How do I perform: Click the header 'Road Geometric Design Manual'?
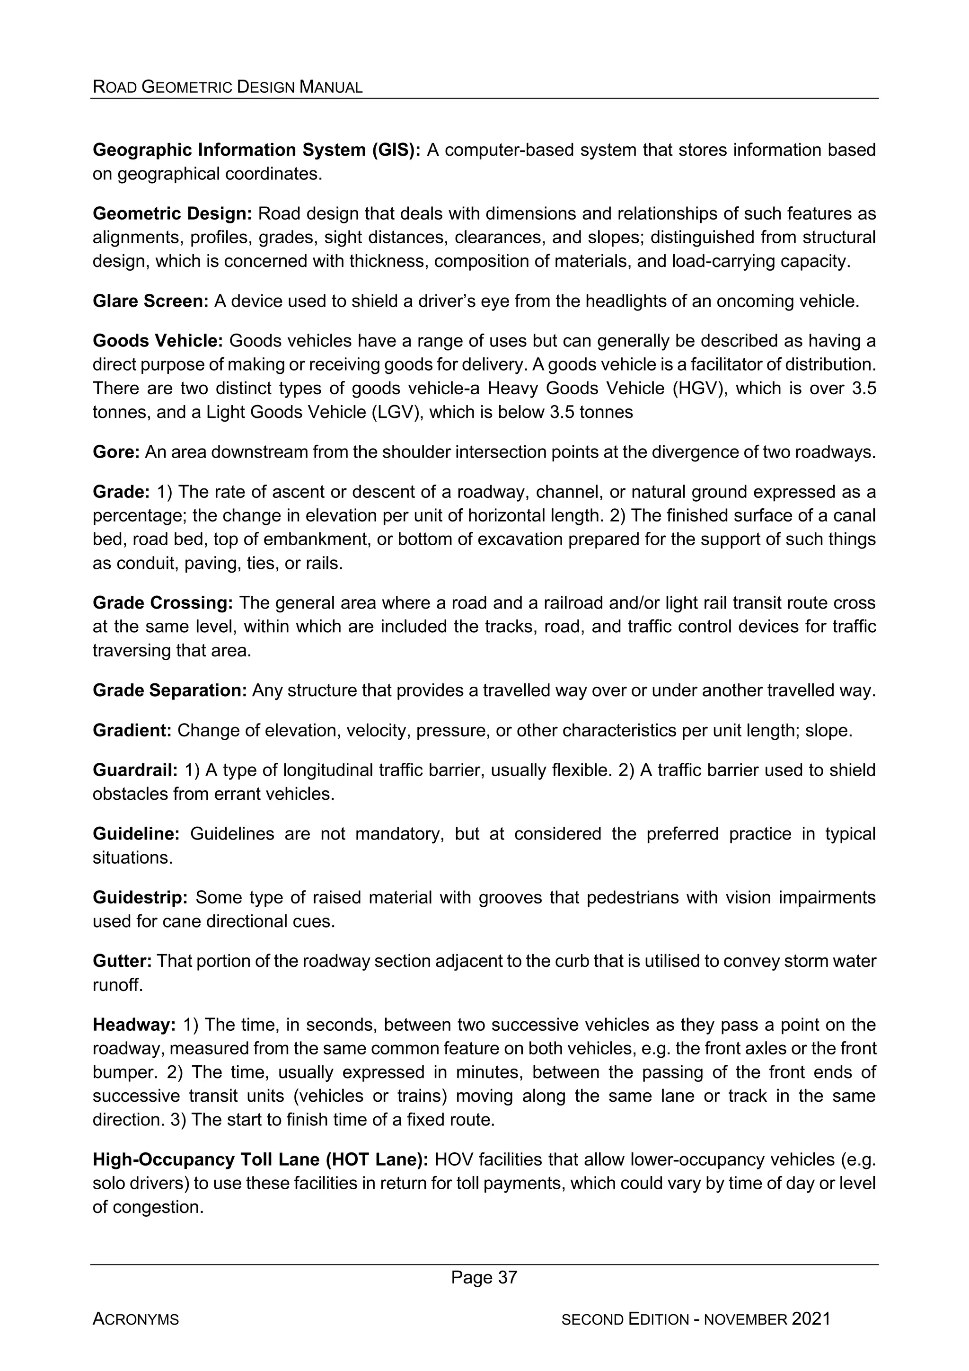click(x=228, y=87)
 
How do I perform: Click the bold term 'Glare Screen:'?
click(x=150, y=301)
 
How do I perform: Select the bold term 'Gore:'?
click(x=116, y=452)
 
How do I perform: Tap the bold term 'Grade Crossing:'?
click(x=162, y=602)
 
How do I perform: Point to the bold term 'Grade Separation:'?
click(x=169, y=690)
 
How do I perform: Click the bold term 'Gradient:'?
click(x=132, y=730)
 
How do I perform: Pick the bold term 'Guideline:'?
click(x=135, y=833)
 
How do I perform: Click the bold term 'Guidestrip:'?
click(x=141, y=897)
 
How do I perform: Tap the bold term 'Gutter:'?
click(x=123, y=961)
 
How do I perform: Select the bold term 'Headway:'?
click(x=134, y=1025)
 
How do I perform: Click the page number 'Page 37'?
click(x=484, y=1277)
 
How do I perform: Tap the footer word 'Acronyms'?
click(x=135, y=1319)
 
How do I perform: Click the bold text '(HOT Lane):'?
click(x=377, y=1159)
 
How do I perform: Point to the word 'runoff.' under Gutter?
click(x=118, y=985)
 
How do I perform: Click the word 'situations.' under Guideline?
click(x=132, y=858)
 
